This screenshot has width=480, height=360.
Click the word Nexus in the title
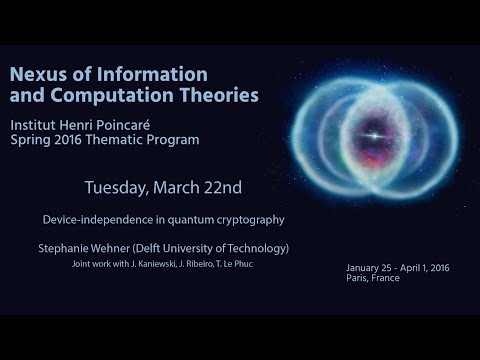(38, 74)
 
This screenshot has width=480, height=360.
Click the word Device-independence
(102, 218)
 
